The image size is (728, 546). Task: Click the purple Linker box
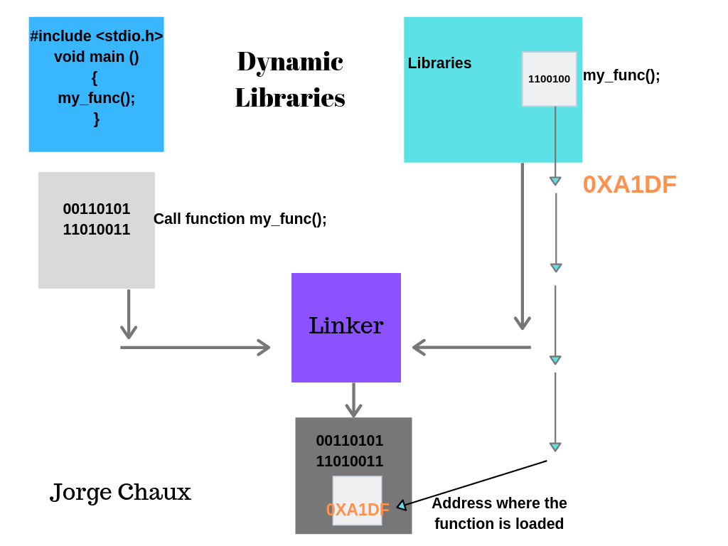[x=346, y=327]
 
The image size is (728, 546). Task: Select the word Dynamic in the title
[x=290, y=61]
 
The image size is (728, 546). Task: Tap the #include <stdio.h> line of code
[x=97, y=36]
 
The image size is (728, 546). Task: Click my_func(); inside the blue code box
[x=97, y=98]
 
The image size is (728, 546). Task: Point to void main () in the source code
[x=97, y=57]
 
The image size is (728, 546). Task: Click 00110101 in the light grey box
[x=97, y=209]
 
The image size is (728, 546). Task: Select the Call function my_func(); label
[x=240, y=219]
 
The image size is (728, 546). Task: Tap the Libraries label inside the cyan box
[x=439, y=63]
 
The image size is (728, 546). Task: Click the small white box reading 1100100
[x=549, y=79]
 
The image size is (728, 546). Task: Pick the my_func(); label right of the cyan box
[x=621, y=75]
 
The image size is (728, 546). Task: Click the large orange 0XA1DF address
[x=629, y=185]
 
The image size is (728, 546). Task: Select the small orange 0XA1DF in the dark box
[x=358, y=510]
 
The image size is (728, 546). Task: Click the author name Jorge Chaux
[x=121, y=492]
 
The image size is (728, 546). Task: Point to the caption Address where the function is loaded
[x=499, y=513]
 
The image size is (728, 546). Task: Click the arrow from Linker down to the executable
[x=353, y=400]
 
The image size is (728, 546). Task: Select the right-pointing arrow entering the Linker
[x=196, y=348]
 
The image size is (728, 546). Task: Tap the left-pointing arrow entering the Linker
[x=471, y=348]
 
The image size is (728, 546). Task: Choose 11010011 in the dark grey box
[x=350, y=461]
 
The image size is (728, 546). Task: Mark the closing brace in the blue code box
[x=97, y=119]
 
